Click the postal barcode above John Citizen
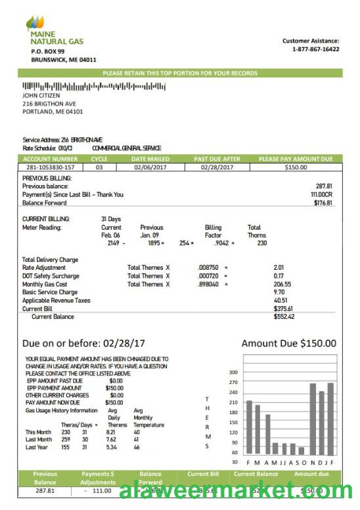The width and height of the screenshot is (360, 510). (94, 86)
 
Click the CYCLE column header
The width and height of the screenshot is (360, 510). (99, 159)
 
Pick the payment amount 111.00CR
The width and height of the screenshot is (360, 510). (321, 194)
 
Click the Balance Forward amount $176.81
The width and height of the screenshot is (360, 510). (323, 203)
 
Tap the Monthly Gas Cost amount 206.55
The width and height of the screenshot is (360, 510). (282, 284)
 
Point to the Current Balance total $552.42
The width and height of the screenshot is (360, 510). (284, 316)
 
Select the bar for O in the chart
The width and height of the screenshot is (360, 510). (302, 451)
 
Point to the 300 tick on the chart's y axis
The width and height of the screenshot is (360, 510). (233, 372)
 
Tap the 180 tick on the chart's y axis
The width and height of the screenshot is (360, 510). (233, 413)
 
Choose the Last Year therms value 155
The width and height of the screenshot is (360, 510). (66, 447)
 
